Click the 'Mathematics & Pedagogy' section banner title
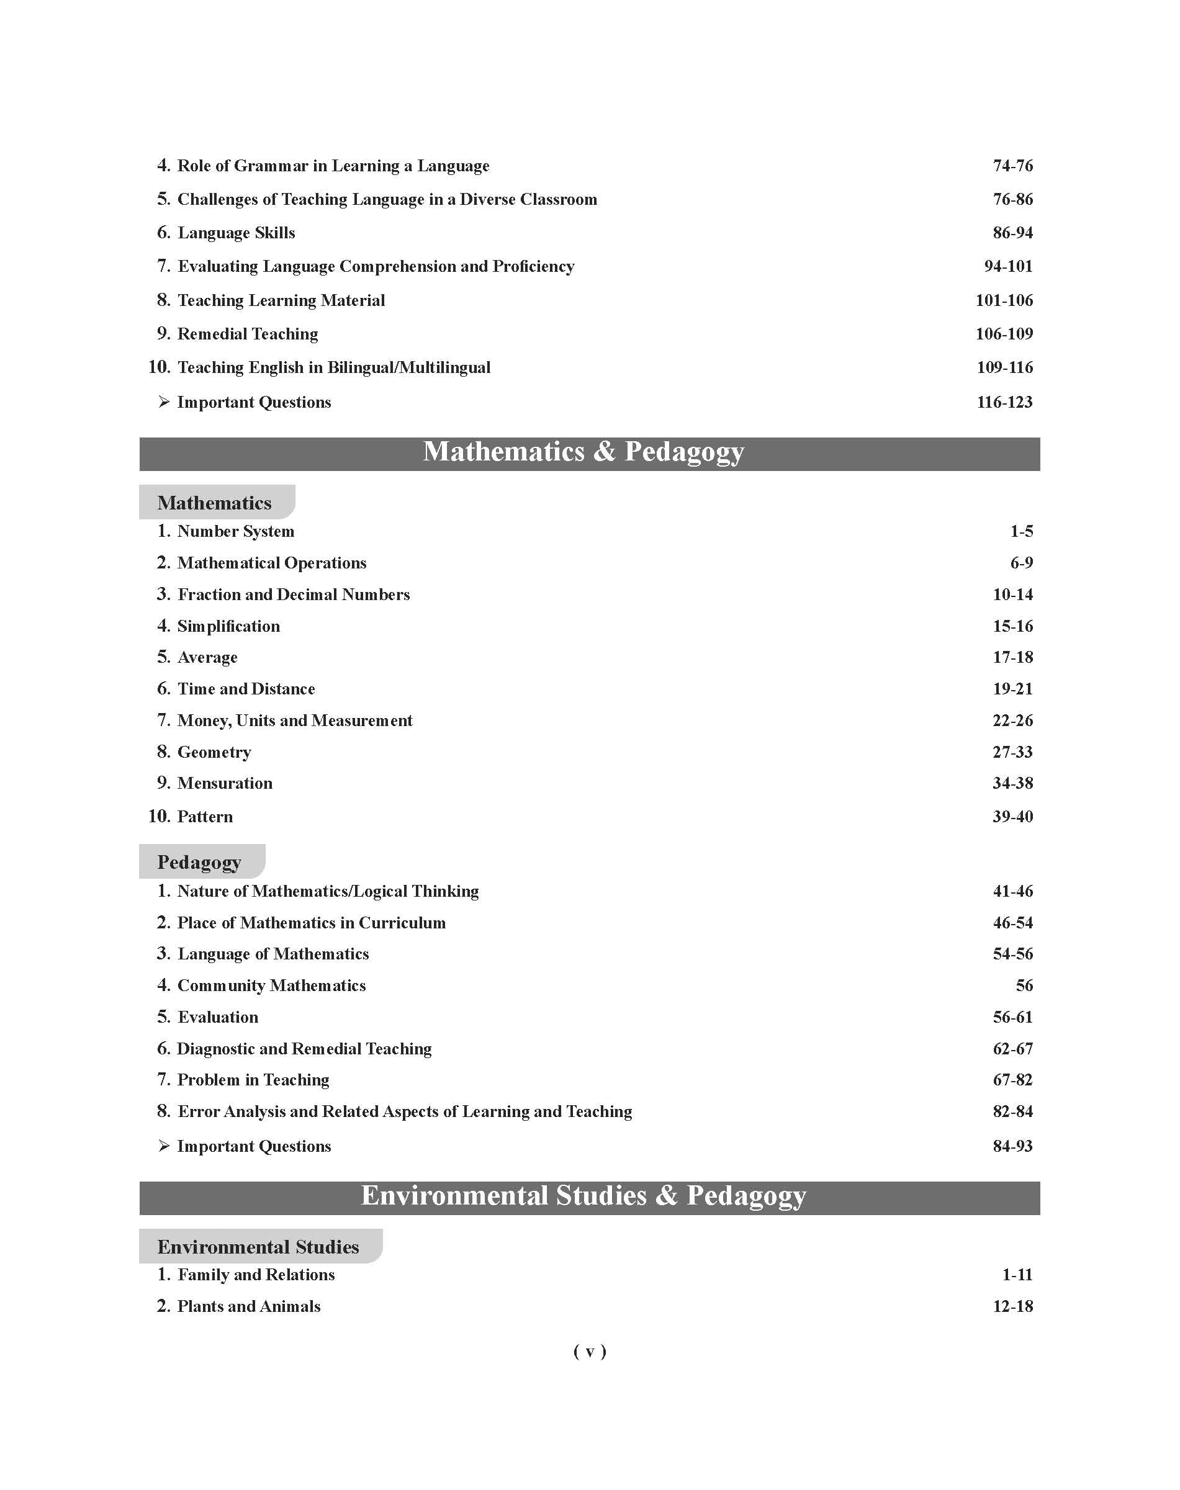(583, 452)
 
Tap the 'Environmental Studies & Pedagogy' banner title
(583, 1196)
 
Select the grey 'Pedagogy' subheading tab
(200, 861)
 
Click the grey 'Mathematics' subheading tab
(214, 502)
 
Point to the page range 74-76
(1012, 166)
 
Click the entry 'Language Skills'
(236, 233)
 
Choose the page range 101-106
(1004, 300)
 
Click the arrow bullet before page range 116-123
(164, 402)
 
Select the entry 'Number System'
(236, 531)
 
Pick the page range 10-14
(1012, 595)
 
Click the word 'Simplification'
(228, 627)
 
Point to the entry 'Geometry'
(214, 752)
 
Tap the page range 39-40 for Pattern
(1012, 817)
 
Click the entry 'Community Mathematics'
(271, 985)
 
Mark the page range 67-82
(1012, 1080)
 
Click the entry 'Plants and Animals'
(249, 1306)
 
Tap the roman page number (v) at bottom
(589, 1352)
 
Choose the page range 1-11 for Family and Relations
(1017, 1275)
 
